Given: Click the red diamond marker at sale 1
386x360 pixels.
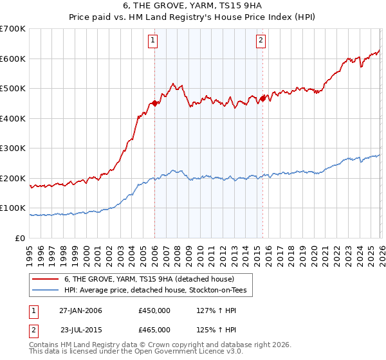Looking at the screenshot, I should pyautogui.click(x=154, y=103).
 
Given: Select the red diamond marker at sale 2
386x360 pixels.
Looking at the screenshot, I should pyautogui.click(x=262, y=98).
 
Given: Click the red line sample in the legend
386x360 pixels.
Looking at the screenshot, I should pyautogui.click(x=46, y=279).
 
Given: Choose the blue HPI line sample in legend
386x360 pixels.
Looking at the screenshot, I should pyautogui.click(x=46, y=291).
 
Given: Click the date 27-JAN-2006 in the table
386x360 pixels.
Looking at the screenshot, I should pyautogui.click(x=80, y=310).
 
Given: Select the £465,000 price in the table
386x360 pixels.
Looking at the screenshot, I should pyautogui.click(x=154, y=329).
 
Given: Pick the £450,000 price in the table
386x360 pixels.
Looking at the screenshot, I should pyautogui.click(x=154, y=310).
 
